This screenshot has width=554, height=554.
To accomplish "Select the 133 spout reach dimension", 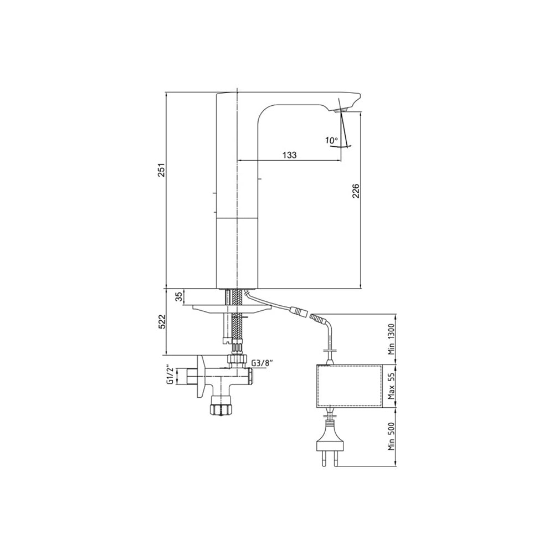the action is (289, 155).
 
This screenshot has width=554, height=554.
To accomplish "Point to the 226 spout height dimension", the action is (356, 191).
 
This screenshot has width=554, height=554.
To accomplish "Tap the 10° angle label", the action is (332, 140).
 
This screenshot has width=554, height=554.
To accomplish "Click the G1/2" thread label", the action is (171, 376).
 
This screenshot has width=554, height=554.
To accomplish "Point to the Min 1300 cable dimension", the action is (391, 339).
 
